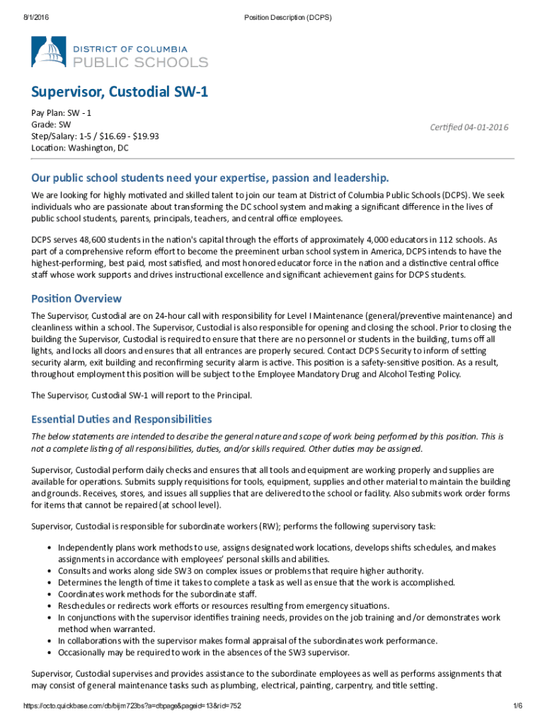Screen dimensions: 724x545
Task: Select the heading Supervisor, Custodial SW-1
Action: tap(118, 93)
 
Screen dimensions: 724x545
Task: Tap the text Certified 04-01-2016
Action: tap(469, 127)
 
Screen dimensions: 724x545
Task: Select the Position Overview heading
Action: tap(76, 298)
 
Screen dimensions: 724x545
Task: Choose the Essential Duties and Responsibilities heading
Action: tap(121, 419)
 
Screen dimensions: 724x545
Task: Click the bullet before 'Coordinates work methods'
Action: tap(49, 595)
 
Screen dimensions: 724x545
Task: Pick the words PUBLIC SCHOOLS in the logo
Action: tap(142, 62)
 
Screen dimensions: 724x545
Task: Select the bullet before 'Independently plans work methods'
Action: tap(49, 547)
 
